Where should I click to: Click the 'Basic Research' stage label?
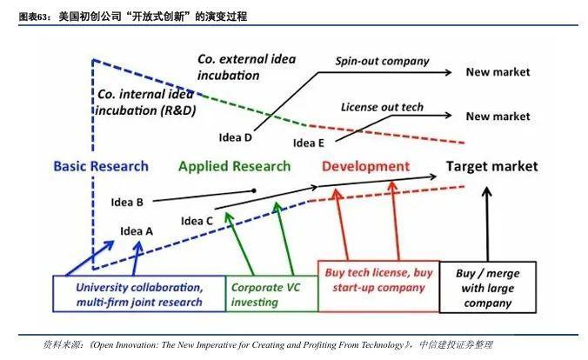click(x=101, y=166)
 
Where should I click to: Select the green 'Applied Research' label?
click(x=234, y=166)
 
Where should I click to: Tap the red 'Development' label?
click(x=365, y=166)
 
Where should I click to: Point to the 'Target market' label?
click(x=491, y=166)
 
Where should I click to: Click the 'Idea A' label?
click(x=137, y=231)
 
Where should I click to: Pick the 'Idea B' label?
click(x=127, y=202)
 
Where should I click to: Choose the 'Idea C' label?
click(x=197, y=221)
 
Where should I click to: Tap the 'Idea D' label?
click(x=235, y=137)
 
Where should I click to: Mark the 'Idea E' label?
click(x=308, y=143)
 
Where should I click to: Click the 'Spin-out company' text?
click(x=382, y=61)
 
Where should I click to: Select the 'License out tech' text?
click(x=382, y=107)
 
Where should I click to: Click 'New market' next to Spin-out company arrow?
click(x=498, y=72)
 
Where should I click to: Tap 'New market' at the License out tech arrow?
click(x=498, y=117)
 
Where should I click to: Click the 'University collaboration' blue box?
click(x=139, y=294)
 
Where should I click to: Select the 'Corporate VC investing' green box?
click(x=272, y=294)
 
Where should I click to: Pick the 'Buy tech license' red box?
click(x=378, y=286)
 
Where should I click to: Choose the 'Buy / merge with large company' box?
click(x=487, y=287)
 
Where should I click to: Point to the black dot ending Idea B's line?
click(x=254, y=191)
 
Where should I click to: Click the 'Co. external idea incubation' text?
click(x=246, y=67)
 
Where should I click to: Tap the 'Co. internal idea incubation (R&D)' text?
click(x=145, y=103)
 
